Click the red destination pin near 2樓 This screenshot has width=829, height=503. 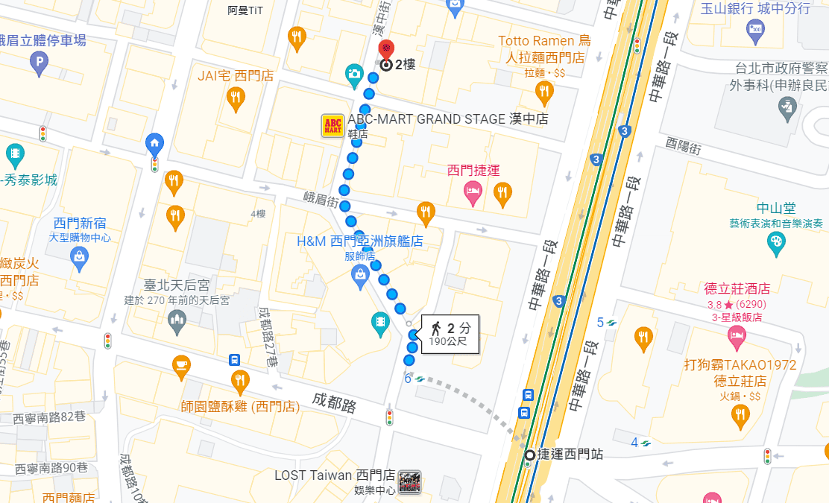coord(386,50)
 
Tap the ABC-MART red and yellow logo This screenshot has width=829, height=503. coord(332,125)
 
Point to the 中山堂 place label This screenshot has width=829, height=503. coord(775,208)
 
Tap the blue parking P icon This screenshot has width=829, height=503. coord(39,66)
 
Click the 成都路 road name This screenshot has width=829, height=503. coord(335,404)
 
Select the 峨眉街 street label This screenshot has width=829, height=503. coord(321,199)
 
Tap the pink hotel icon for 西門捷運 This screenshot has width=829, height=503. coord(473,192)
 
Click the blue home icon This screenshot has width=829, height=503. coord(154,142)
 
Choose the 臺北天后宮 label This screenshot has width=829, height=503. coord(176,285)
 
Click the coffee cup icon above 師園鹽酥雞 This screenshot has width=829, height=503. coord(181,364)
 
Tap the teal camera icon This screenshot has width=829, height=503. coord(354,74)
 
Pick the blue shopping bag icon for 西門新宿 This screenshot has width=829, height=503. coord(78,256)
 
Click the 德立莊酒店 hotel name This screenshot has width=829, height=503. coord(737,288)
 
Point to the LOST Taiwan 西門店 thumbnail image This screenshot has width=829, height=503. coord(410,481)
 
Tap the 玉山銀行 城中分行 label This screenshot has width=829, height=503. coord(755,9)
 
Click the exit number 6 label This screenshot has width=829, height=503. coord(408,379)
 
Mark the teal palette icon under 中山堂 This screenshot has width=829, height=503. coord(776,241)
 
